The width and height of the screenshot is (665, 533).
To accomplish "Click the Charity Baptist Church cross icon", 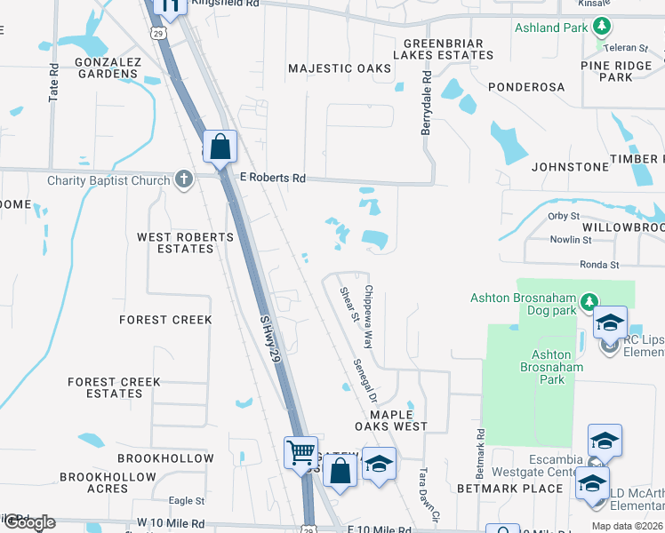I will click(x=184, y=180).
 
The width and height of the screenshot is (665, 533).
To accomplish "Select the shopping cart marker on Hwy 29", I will click(x=300, y=453).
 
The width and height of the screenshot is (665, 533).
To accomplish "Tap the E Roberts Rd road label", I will click(x=273, y=178).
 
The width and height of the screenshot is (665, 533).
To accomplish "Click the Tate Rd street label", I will click(x=54, y=81).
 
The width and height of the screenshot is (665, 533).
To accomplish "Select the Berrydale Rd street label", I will click(x=426, y=111).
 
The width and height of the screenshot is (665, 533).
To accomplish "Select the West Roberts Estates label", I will click(x=185, y=243).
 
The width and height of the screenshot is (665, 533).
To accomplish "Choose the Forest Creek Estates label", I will click(x=115, y=387).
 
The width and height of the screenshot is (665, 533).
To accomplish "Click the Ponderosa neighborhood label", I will click(x=524, y=87).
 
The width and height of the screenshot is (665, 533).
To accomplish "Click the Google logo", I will click(x=28, y=522).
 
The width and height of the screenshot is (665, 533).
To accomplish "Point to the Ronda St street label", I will click(x=598, y=265).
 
